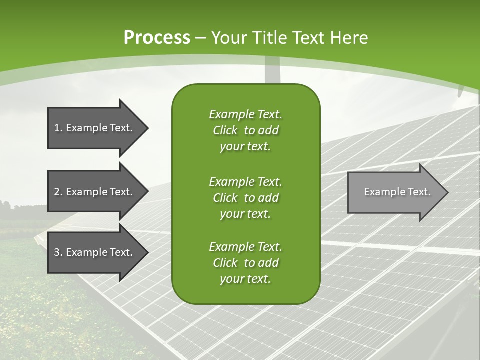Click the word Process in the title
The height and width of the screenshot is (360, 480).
[x=157, y=38]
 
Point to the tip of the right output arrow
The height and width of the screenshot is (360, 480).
[x=447, y=192]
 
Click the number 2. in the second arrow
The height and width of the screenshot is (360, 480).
[x=58, y=192]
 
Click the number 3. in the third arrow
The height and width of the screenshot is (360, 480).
[x=58, y=252]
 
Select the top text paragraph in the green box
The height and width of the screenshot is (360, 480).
[x=245, y=130]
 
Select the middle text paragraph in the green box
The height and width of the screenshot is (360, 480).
[x=245, y=197]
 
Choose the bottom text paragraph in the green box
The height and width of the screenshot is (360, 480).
[x=245, y=263]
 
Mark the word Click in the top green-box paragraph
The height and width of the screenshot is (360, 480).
[x=225, y=130]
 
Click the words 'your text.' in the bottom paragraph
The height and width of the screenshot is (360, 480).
[x=245, y=279]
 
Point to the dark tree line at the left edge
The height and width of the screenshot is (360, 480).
[x=7, y=205]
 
